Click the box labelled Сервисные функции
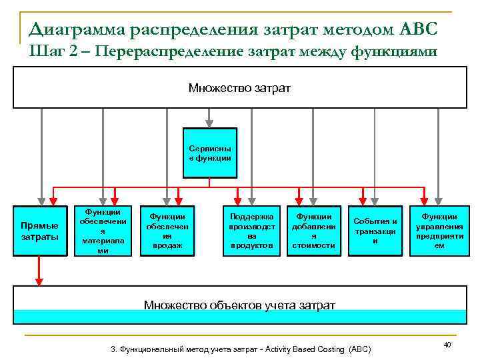point(210,153)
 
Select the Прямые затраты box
point(40,231)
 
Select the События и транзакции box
point(375,231)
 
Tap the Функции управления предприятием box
point(439,231)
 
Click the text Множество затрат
point(239,88)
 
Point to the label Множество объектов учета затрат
point(239,305)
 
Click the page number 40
point(447,345)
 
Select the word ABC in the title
point(418,29)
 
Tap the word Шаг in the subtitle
point(44,51)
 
